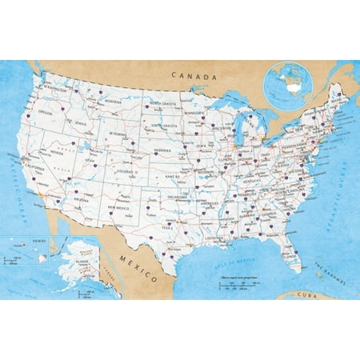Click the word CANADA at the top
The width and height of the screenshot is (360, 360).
coord(194,77)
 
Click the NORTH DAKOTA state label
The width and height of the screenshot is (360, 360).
coord(162,104)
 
